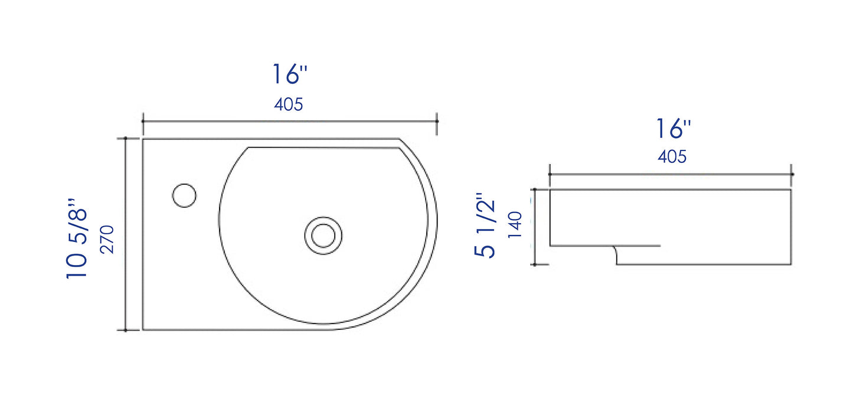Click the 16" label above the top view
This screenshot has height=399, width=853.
point(290,74)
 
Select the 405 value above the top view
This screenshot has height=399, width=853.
point(288,104)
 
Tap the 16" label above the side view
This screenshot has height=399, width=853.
point(674,129)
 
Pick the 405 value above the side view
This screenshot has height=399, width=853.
point(672,156)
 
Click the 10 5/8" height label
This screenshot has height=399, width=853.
point(77,238)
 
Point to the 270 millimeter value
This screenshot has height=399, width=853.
point(107,240)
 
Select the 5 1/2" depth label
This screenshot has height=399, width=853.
point(485,225)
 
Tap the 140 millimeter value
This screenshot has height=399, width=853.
point(515,225)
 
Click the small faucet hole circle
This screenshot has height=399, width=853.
point(184,195)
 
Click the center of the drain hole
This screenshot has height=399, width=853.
point(323,236)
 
